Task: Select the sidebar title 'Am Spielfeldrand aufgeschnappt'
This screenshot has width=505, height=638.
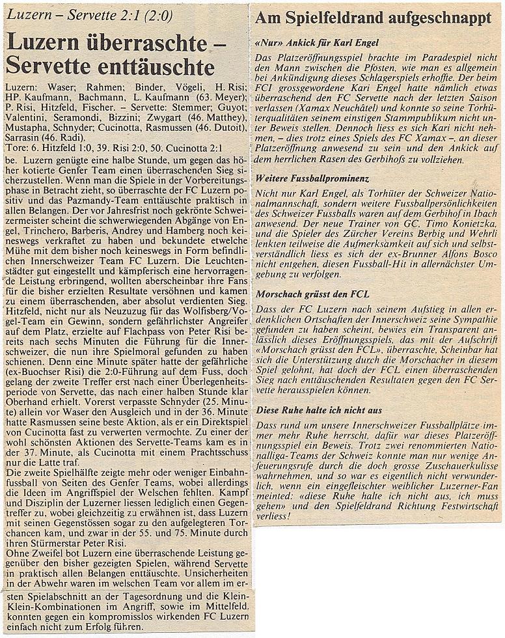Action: [x=373, y=18]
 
